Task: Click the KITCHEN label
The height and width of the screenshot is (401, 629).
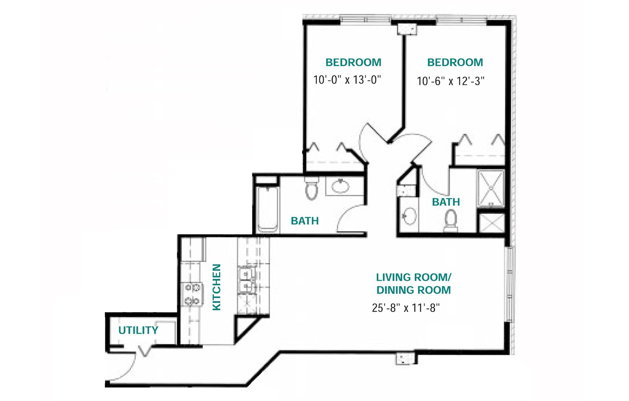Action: [217, 287]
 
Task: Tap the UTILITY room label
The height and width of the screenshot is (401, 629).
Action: [138, 330]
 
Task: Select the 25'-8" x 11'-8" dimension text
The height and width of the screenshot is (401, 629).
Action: [406, 308]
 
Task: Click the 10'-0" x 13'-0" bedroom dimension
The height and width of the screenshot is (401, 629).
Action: [347, 80]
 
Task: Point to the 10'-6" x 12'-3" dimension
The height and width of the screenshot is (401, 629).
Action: [450, 81]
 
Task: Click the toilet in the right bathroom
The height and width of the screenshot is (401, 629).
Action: [451, 220]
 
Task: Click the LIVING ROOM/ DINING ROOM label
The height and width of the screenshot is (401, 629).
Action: [413, 283]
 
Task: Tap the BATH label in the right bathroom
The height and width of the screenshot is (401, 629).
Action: [446, 202]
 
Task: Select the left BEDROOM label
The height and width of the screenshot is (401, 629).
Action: [353, 62]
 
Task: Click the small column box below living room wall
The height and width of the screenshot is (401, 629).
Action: [406, 358]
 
